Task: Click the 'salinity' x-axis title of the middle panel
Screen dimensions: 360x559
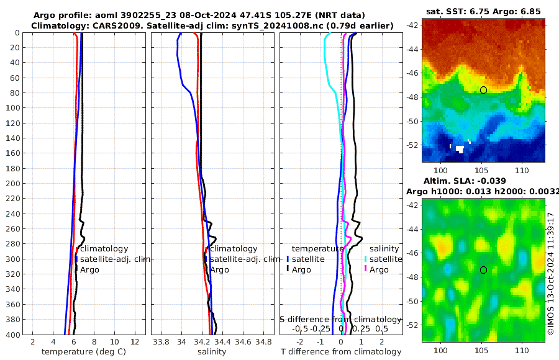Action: click(211, 352)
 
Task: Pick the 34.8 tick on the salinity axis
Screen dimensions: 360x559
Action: click(263, 341)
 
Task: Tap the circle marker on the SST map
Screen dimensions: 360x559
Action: click(483, 90)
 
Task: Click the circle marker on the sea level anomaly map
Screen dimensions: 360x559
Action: click(483, 270)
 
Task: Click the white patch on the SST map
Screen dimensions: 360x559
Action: click(460, 149)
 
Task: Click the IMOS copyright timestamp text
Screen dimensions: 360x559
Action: click(551, 273)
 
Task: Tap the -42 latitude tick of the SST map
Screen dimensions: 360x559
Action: click(412, 25)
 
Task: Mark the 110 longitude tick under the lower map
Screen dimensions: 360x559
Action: click(521, 351)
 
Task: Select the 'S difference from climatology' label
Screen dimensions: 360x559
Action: click(340, 318)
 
